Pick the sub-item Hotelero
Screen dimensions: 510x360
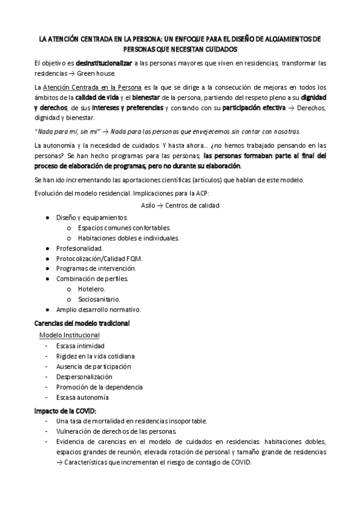91,289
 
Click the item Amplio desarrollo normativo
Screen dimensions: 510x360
99,310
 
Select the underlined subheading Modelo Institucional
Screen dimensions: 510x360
70,334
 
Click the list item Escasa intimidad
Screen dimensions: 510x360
80,346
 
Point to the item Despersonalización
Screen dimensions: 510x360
85,376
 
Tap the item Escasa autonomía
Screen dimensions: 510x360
82,397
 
